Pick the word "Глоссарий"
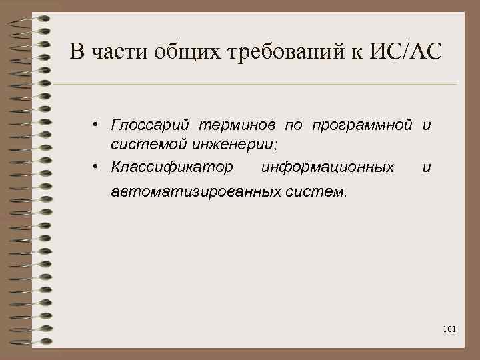[150, 125]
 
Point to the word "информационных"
[327, 166]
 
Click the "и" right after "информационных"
[426, 167]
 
